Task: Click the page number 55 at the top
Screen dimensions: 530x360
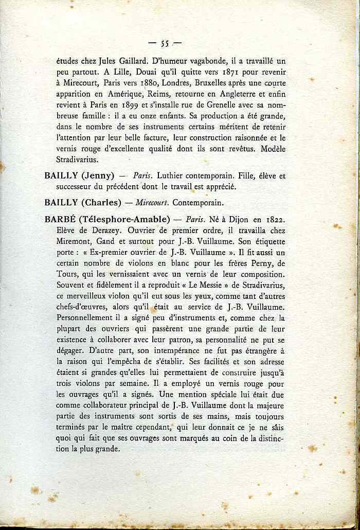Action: pyautogui.click(x=165, y=43)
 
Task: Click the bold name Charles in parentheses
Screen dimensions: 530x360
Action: pyautogui.click(x=100, y=202)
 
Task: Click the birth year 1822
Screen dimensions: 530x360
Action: pyautogui.click(x=274, y=219)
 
